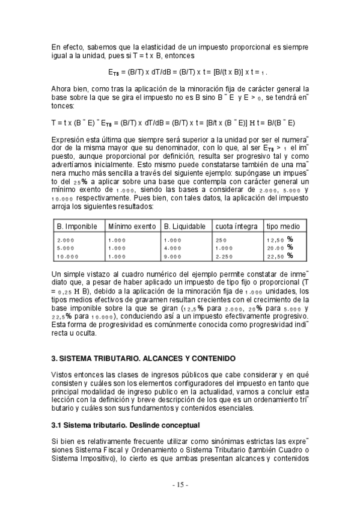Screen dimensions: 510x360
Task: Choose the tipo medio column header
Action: [x=283, y=226]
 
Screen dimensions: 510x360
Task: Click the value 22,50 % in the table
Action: [x=280, y=256]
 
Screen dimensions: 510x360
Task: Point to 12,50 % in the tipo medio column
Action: [x=280, y=240]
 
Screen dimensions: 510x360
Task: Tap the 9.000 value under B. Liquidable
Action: [x=172, y=256]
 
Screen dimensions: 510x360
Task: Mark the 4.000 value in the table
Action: [x=172, y=248]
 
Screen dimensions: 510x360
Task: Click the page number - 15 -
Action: [x=180, y=485]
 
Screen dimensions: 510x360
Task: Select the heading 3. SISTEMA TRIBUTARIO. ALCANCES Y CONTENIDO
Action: [x=143, y=358]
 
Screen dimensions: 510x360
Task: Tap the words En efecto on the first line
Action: [x=64, y=46]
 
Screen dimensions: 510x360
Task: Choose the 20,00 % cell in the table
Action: [x=280, y=248]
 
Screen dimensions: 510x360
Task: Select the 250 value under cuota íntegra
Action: [x=221, y=240]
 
